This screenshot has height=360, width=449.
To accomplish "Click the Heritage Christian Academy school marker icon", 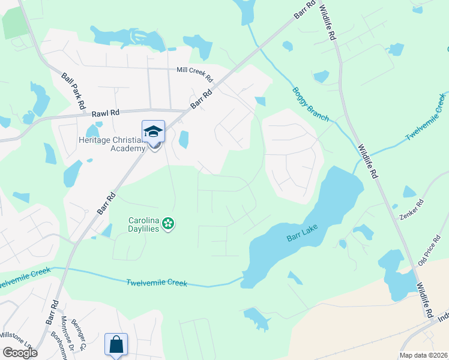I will [x=153, y=131].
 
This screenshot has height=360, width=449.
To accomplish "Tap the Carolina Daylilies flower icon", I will [x=169, y=224].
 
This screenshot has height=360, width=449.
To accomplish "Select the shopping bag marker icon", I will [x=116, y=344].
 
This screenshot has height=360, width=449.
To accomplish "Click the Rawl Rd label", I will [x=106, y=112].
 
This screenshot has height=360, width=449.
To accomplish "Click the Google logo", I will [x=20, y=353].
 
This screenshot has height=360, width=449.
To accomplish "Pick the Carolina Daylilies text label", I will [x=143, y=224].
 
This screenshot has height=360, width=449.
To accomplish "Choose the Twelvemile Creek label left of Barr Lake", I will [x=157, y=283].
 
